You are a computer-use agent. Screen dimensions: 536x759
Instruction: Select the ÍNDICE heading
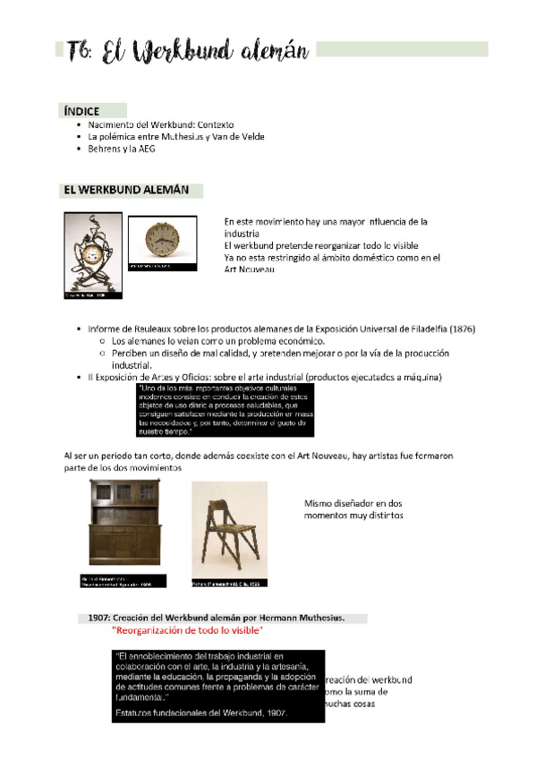(x=81, y=111)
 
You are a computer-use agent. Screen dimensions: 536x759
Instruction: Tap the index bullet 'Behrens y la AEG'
(x=121, y=149)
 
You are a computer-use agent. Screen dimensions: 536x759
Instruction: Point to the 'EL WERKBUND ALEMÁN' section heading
(x=126, y=191)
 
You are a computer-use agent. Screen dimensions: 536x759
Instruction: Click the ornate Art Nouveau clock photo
(x=91, y=252)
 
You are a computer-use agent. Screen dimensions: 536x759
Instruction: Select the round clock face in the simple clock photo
(x=162, y=240)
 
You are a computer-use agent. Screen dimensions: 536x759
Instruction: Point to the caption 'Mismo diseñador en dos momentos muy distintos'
(x=353, y=509)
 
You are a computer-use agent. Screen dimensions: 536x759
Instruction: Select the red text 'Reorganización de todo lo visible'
(x=187, y=630)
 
